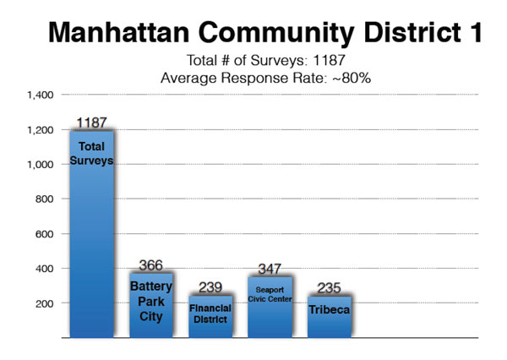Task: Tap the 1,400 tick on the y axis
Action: tap(41, 95)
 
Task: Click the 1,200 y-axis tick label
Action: tap(41, 130)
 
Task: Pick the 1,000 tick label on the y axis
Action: tap(41, 165)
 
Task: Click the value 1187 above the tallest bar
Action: tap(90, 123)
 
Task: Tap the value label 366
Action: tap(150, 265)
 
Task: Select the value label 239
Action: tap(210, 287)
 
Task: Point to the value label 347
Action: tap(269, 269)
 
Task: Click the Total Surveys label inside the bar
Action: tap(90, 153)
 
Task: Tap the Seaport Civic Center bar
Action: tap(269, 308)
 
